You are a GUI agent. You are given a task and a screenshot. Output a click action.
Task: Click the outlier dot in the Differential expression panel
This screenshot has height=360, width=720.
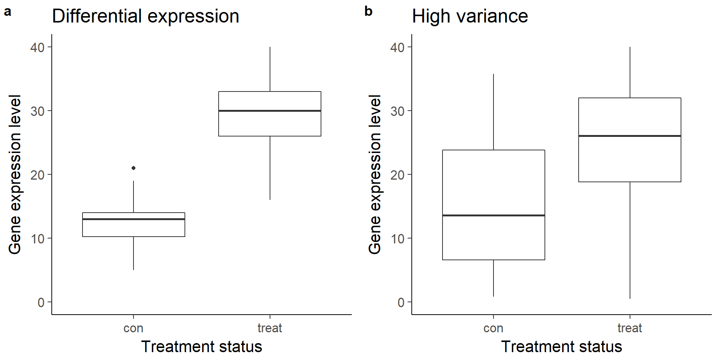[x=133, y=168]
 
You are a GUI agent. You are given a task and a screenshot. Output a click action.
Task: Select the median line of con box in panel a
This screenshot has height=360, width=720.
[x=133, y=219]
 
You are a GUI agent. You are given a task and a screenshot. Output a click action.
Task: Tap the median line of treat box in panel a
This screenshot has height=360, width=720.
[x=270, y=111]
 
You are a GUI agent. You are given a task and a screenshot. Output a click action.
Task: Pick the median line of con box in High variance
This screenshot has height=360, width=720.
[x=493, y=215]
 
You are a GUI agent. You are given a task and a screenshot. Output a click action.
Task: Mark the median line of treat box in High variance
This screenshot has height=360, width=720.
[x=630, y=136]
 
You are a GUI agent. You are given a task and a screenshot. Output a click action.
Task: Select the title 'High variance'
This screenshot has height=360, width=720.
[x=470, y=16]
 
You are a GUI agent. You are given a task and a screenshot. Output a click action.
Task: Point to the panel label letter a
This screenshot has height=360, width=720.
[x=7, y=12]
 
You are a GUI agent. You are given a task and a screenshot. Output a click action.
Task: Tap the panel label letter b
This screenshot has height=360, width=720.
[x=368, y=11]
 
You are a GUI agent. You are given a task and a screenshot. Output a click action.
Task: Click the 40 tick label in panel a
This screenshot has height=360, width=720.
[x=37, y=47]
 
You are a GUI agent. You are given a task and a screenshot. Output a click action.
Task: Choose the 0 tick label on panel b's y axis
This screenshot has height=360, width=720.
[x=401, y=302]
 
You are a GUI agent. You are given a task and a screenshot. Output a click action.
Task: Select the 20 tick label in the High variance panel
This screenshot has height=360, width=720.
[x=397, y=175]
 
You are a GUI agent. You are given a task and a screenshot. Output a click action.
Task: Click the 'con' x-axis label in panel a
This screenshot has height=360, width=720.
[x=133, y=328]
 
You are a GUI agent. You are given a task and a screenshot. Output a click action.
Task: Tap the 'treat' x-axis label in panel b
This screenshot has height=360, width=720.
[x=630, y=328]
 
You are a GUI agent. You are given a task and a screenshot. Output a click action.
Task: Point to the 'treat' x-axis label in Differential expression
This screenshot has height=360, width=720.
[x=270, y=328]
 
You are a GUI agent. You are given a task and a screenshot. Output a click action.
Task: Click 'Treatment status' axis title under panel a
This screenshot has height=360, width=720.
[x=202, y=346]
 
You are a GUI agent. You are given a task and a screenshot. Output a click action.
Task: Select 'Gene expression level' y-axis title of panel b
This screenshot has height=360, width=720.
[x=375, y=174]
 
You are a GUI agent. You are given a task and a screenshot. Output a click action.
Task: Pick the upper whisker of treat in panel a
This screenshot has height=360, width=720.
[x=270, y=69]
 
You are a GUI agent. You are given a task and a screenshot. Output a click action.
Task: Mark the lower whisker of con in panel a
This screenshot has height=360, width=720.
[x=133, y=253]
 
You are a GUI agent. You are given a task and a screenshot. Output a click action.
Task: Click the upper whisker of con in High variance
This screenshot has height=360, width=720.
[x=493, y=112]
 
